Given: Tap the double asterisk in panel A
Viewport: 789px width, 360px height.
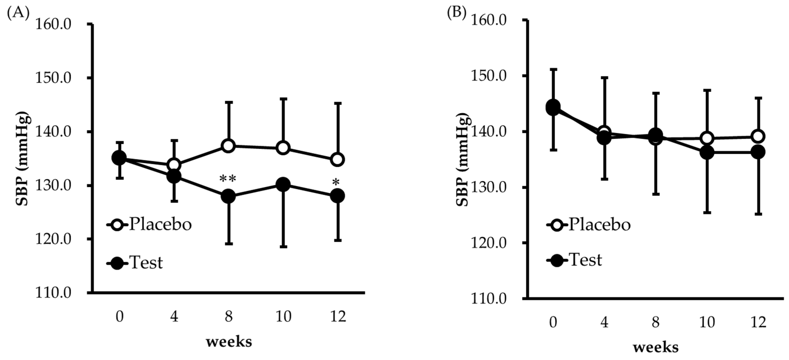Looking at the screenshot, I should pyautogui.click(x=228, y=179).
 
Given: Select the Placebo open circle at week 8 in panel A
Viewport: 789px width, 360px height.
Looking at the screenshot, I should pyautogui.click(x=229, y=146).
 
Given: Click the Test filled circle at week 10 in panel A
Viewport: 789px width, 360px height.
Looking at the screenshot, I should pyautogui.click(x=283, y=185).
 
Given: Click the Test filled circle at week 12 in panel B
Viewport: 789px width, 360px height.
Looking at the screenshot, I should pyautogui.click(x=758, y=152).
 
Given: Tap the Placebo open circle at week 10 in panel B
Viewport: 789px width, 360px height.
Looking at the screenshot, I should pyautogui.click(x=707, y=138).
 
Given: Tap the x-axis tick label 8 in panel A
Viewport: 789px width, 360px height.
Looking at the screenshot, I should pyautogui.click(x=229, y=317).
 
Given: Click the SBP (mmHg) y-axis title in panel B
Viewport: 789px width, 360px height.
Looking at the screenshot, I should pyautogui.click(x=463, y=159).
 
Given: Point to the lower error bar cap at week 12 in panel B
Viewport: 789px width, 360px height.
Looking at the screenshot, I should pyautogui.click(x=758, y=214).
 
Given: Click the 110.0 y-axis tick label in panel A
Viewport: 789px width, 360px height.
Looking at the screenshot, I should pyautogui.click(x=54, y=293).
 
